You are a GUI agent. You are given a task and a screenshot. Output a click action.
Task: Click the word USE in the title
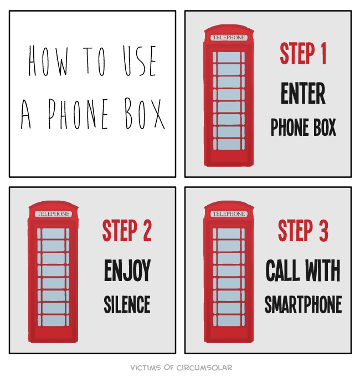click(140, 60)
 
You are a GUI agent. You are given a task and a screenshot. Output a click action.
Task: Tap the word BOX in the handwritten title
click(145, 113)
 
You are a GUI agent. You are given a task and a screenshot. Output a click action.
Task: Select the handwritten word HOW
click(48, 61)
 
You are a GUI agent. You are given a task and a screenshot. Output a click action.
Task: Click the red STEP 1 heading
click(303, 53)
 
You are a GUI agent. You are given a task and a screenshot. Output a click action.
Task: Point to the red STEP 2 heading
click(127, 230)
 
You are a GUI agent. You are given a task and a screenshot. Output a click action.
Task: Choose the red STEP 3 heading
click(303, 230)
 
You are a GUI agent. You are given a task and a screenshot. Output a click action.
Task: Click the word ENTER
click(303, 93)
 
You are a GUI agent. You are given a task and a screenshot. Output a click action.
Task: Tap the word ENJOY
click(127, 270)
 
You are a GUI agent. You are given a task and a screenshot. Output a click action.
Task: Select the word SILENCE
click(127, 304)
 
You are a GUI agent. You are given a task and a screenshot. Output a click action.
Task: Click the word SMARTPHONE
click(303, 304)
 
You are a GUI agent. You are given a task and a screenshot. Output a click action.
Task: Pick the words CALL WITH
click(303, 270)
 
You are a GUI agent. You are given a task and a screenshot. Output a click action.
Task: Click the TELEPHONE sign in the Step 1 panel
click(229, 38)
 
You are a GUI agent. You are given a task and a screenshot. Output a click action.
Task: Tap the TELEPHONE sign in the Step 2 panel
click(53, 214)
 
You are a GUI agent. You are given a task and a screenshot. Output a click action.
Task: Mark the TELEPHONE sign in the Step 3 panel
click(229, 214)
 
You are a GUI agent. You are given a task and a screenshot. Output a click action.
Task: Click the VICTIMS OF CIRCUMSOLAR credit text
click(181, 368)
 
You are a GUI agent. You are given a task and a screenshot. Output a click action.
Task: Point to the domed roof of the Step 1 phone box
click(229, 29)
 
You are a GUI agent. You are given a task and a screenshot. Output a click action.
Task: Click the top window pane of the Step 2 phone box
click(53, 233)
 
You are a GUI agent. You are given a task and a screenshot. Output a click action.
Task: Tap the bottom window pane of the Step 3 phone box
click(229, 320)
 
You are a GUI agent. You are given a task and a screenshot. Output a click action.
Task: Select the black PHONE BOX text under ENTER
click(303, 127)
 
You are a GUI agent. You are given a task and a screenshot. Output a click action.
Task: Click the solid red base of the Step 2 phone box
click(53, 335)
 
